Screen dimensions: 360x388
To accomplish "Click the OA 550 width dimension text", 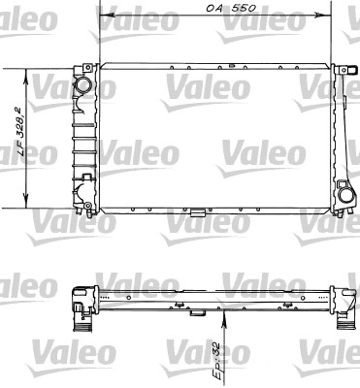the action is click(231, 8).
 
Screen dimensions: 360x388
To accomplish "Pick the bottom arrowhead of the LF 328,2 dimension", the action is click(26, 202).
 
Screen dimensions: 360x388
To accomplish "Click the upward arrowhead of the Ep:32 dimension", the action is click(224, 317).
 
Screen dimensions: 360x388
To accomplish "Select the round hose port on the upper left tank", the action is click(83, 86).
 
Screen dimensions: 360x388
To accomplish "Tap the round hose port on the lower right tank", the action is click(346, 195).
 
